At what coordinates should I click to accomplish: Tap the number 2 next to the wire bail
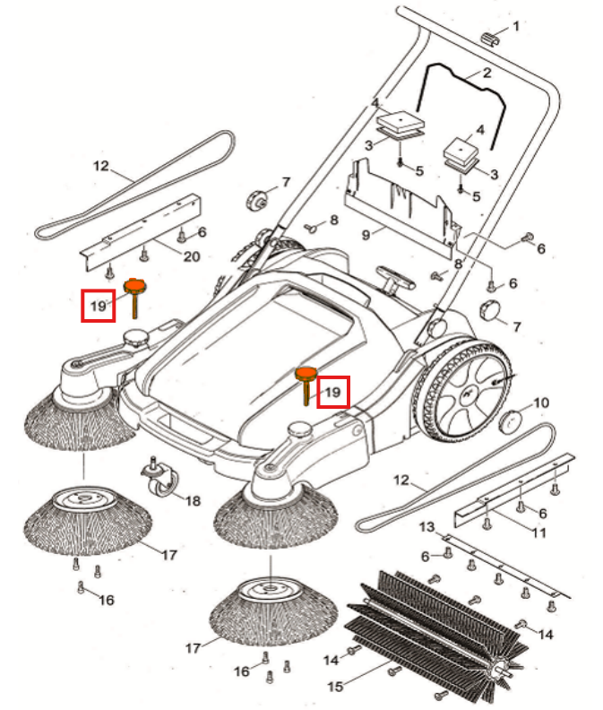[487, 73]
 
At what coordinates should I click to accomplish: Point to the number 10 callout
[541, 403]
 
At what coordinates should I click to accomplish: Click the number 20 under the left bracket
[191, 255]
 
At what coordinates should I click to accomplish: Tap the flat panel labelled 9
[399, 202]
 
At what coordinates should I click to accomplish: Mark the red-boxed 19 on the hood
[332, 393]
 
